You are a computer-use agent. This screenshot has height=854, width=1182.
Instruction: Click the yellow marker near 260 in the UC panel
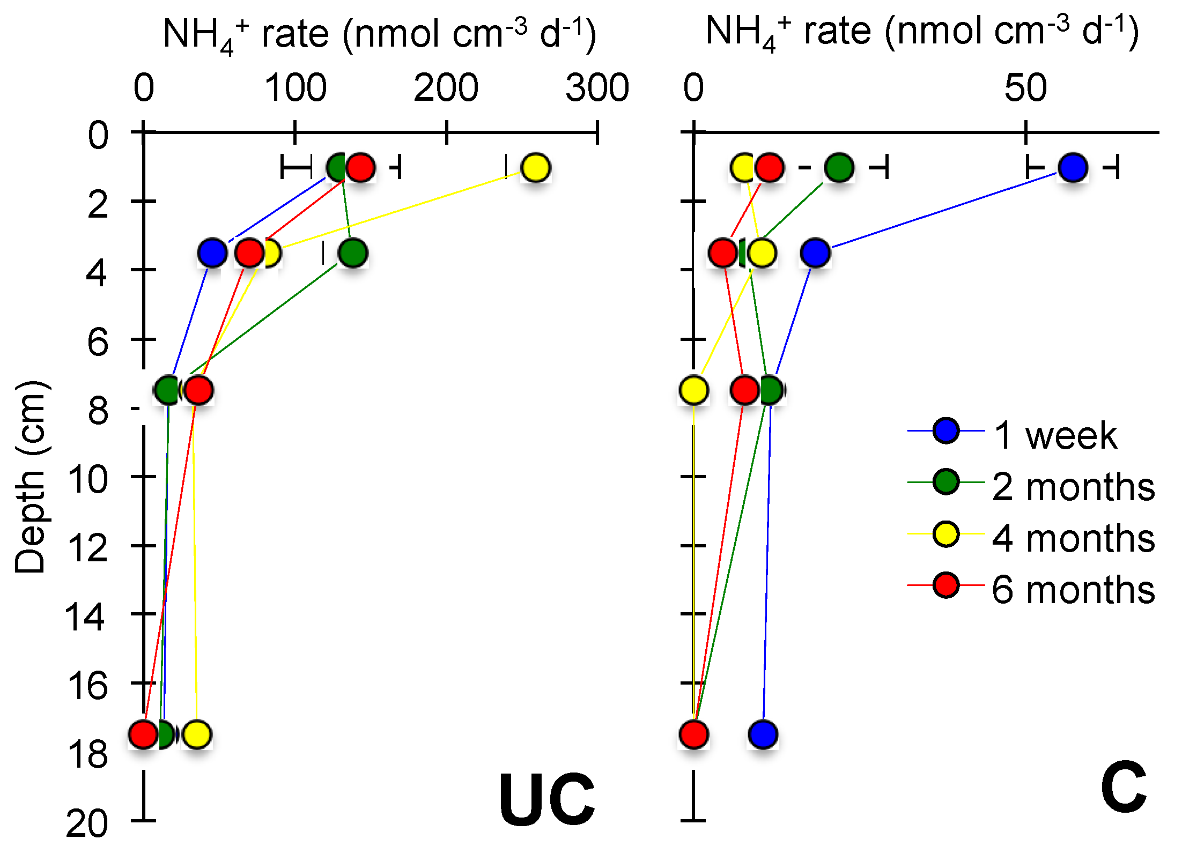point(535,168)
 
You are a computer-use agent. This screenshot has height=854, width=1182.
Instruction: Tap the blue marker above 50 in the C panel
point(1073,168)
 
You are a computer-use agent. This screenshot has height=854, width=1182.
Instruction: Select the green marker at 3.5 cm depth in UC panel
point(352,253)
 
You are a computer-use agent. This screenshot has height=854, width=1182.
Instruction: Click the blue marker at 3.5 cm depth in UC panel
point(212,253)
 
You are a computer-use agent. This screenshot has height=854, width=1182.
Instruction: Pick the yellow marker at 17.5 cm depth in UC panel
point(197,734)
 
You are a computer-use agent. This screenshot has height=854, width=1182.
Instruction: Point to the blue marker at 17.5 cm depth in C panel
point(763,734)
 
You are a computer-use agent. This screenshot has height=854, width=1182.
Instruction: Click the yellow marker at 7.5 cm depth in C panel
point(693,390)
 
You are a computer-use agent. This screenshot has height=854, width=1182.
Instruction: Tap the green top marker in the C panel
point(839,168)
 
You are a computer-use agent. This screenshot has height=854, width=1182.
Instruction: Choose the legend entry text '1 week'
point(1055,435)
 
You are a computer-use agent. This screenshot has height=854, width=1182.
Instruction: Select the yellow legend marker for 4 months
point(945,534)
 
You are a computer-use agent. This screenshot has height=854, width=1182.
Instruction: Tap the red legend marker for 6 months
point(945,585)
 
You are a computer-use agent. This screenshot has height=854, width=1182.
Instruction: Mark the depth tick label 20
point(86,824)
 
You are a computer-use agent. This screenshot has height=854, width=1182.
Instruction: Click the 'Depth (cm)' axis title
point(31,477)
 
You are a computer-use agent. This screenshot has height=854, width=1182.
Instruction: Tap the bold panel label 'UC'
point(546,800)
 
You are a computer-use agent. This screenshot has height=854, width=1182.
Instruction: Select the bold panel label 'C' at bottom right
point(1124,787)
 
